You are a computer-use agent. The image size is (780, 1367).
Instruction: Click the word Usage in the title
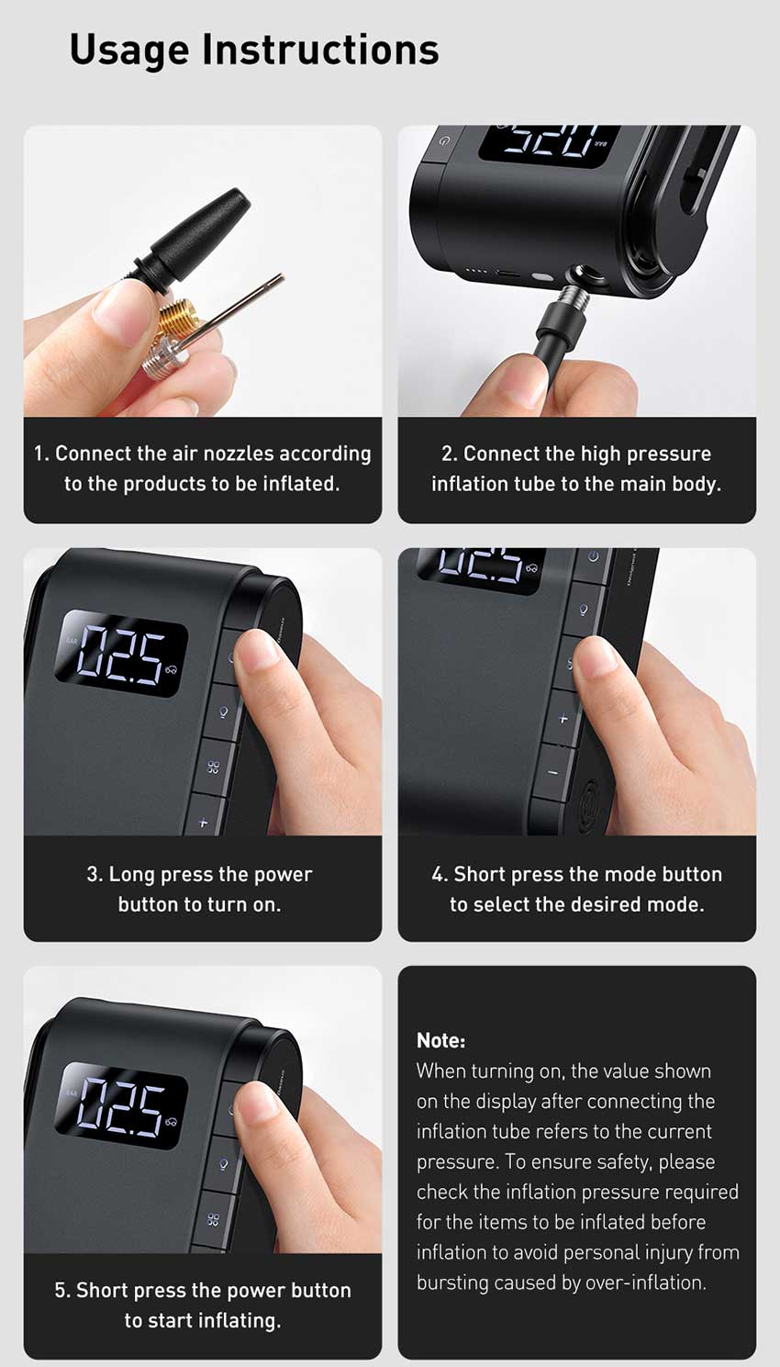[x=129, y=50]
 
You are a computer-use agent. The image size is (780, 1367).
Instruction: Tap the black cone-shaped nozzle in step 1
[x=194, y=238]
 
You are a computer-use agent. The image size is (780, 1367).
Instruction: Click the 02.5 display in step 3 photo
[x=122, y=654]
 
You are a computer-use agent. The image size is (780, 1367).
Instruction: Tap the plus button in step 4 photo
[x=563, y=719]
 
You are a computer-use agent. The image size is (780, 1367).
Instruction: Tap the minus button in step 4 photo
[x=553, y=773]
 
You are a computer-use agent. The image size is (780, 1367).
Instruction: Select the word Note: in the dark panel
[x=440, y=1040]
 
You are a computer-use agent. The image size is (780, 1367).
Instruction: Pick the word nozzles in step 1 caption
[x=239, y=454]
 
